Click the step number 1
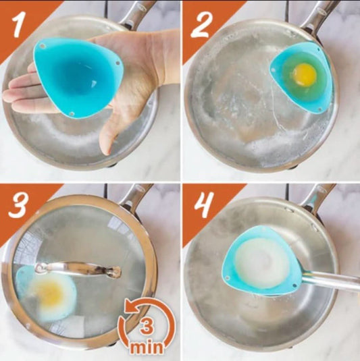(x=18, y=25)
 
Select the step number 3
(x=19, y=206)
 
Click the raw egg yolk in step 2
(x=305, y=74)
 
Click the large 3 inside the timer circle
(x=147, y=326)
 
